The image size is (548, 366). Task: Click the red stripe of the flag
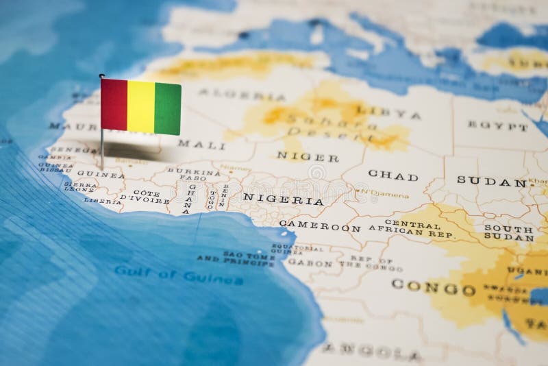click(x=114, y=104)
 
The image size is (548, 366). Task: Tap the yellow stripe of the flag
click(x=141, y=107)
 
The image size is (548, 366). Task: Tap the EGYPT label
click(x=498, y=125)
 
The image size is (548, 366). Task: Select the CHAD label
click(x=393, y=175)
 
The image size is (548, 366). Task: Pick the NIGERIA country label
click(x=282, y=200)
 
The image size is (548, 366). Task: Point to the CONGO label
click(x=433, y=287)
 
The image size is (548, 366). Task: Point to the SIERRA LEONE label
click(x=80, y=187)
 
